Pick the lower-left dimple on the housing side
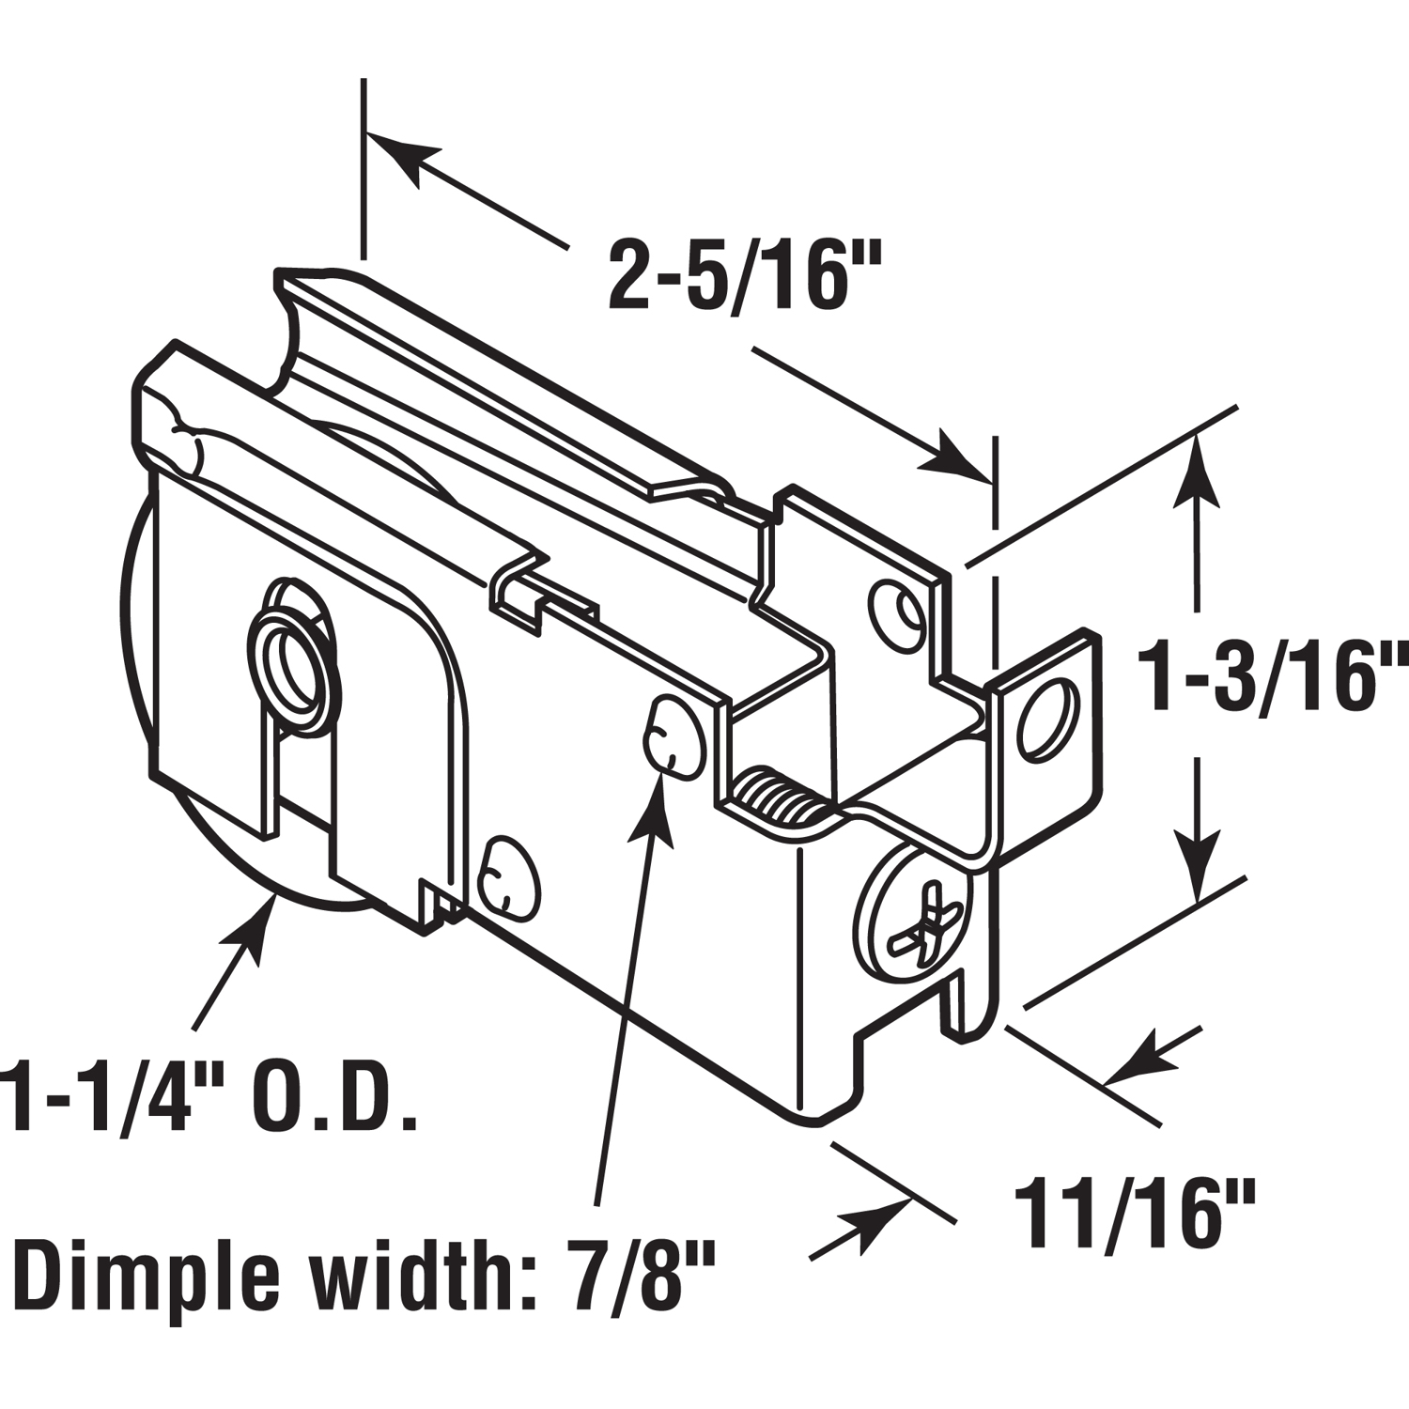point(508,874)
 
